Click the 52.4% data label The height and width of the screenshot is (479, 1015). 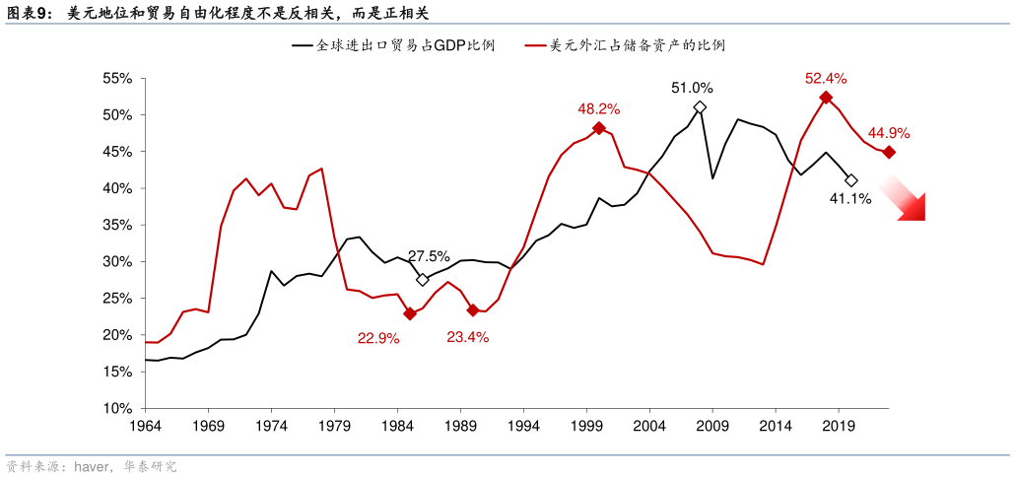point(826,78)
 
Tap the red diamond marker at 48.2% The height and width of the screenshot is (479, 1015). point(599,128)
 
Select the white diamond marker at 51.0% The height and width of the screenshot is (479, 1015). point(700,107)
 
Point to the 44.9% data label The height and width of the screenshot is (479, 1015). point(888,133)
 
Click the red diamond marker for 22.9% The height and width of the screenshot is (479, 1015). point(410,313)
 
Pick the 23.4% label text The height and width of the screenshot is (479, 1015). point(467,337)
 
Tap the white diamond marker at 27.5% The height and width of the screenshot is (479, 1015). point(423,280)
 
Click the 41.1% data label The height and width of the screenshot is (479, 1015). point(849,199)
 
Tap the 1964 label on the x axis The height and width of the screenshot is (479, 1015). point(145,427)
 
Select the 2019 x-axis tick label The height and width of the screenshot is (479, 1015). point(838,427)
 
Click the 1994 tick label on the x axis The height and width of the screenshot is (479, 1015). point(523,427)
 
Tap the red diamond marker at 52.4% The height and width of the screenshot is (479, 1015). point(826,98)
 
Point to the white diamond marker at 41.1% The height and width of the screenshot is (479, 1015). point(851,180)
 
